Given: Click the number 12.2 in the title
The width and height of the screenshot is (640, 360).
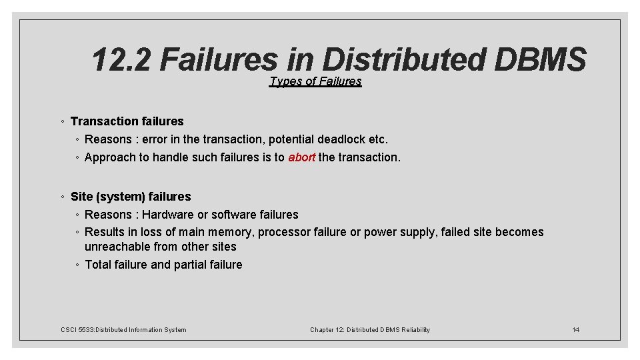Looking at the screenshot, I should (121, 60).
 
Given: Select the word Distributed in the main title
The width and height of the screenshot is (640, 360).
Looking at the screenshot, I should (403, 60).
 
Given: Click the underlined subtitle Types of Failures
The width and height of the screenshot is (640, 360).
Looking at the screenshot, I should (315, 81).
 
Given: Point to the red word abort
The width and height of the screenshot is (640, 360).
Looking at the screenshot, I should (301, 158).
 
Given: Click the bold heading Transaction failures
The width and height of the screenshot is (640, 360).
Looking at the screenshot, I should (127, 121).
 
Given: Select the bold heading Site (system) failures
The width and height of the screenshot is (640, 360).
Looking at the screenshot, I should (131, 197).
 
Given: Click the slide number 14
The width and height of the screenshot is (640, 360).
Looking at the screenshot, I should (576, 330).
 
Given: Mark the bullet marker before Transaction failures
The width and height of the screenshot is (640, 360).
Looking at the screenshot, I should (62, 121).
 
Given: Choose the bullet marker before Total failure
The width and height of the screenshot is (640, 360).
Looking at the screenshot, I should (78, 265).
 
